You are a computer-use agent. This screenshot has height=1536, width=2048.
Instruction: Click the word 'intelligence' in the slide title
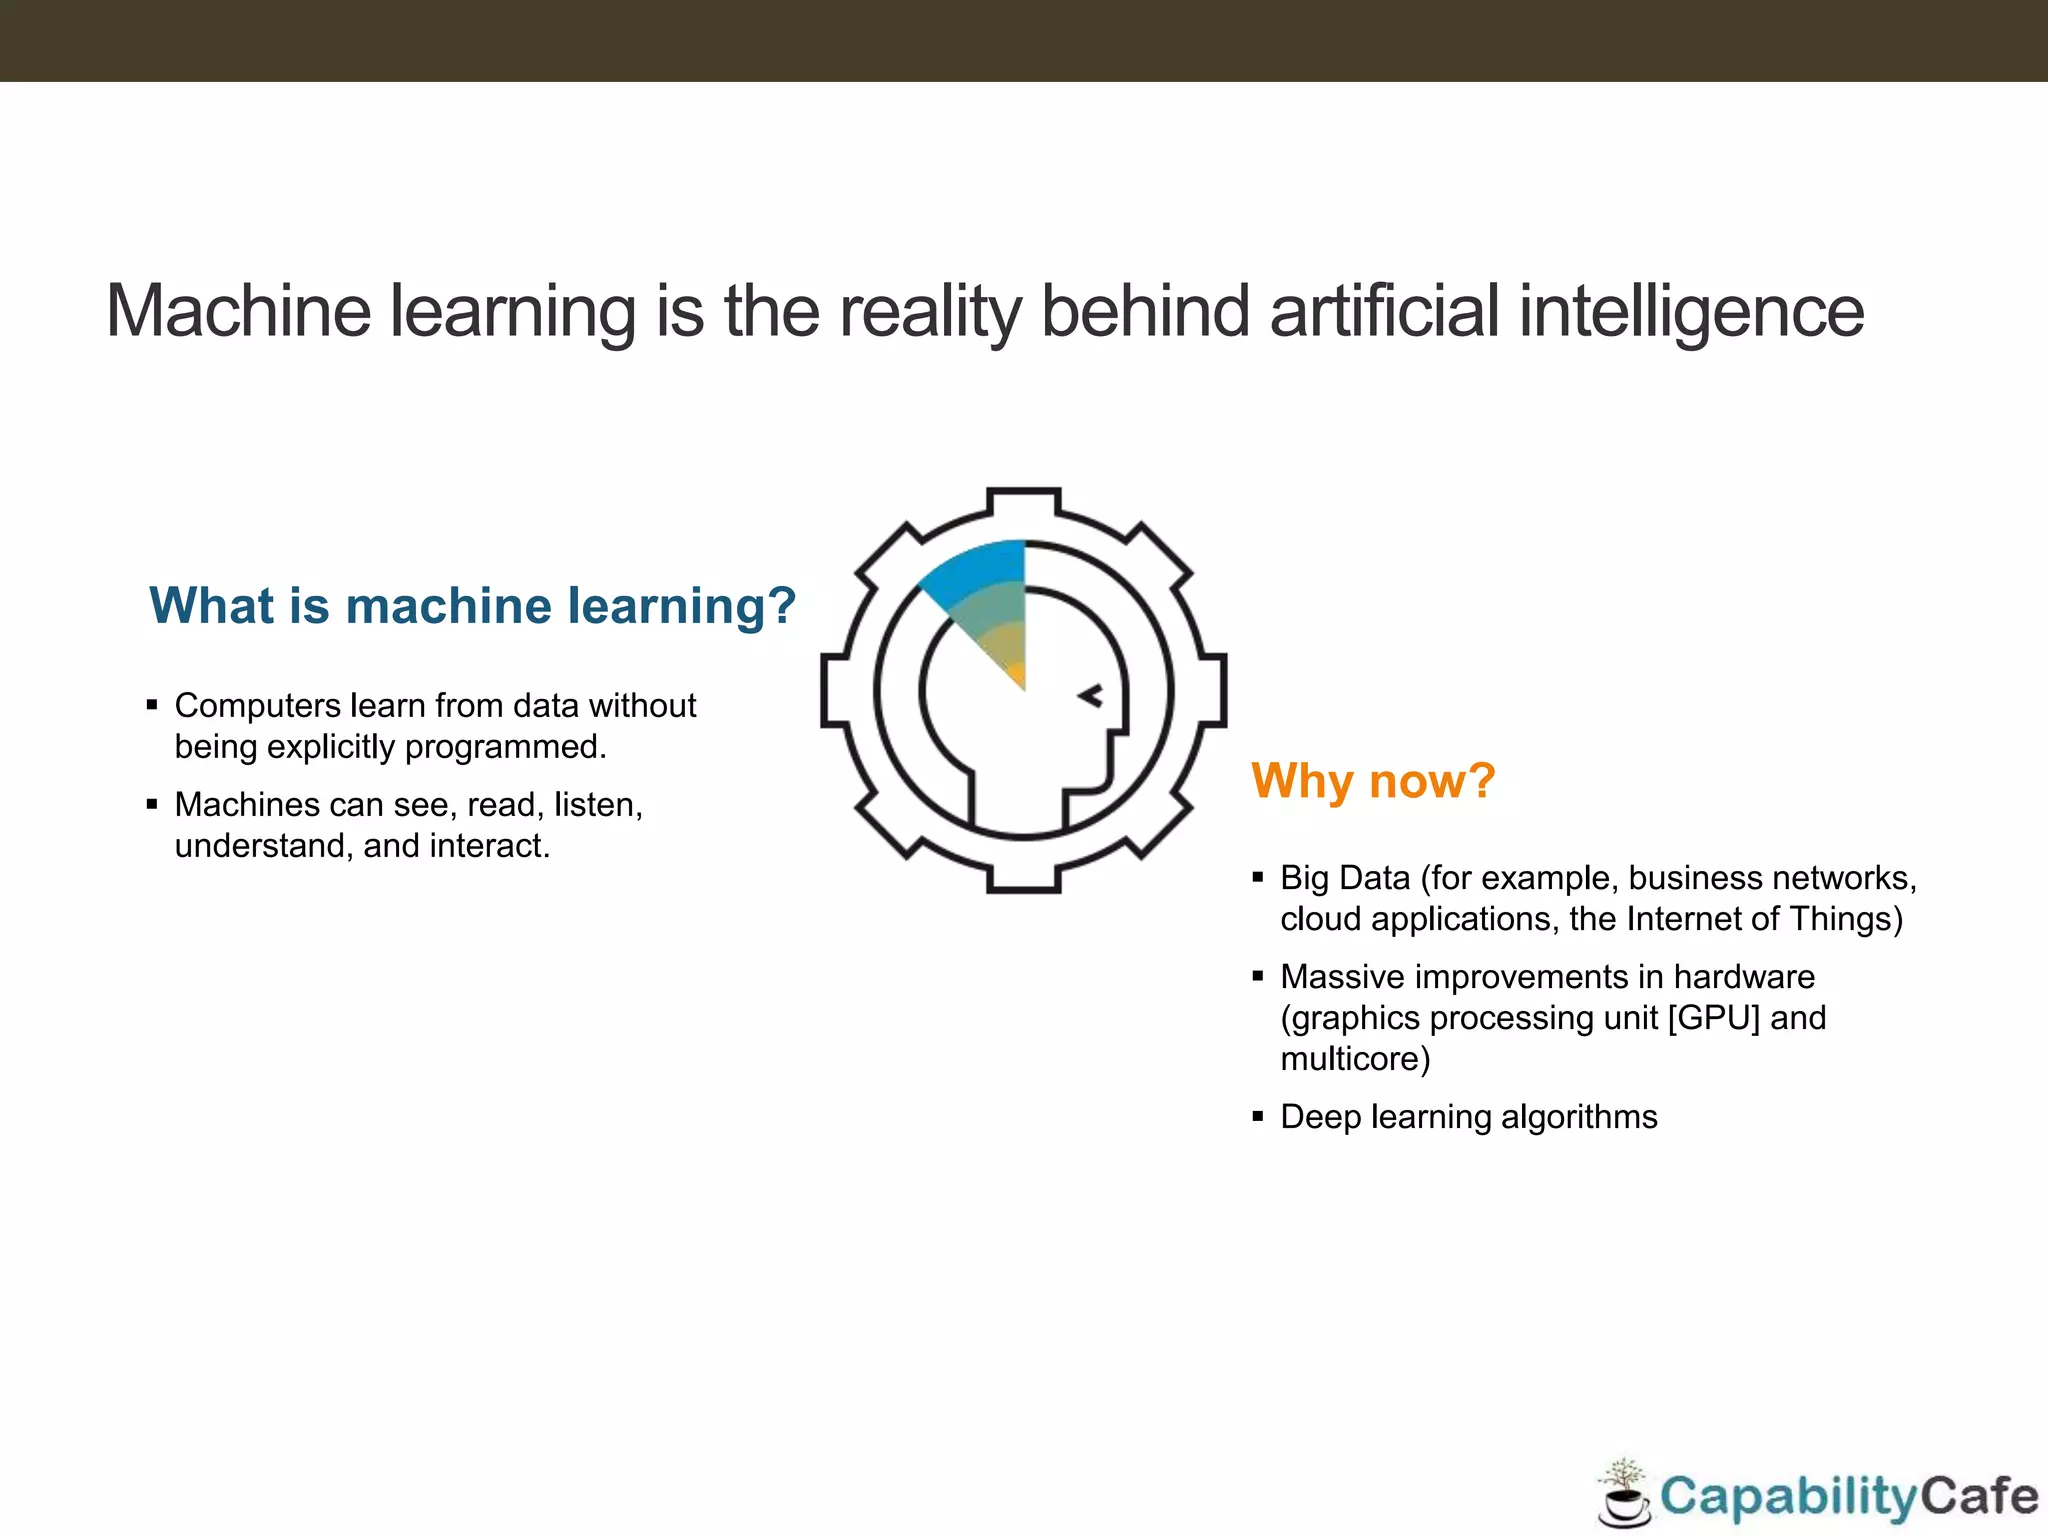point(1691,311)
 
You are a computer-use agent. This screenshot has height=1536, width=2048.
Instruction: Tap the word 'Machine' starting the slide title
point(239,311)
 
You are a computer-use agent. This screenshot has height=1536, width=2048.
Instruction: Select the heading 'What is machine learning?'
point(472,606)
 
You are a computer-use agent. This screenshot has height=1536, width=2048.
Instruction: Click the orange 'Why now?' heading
point(1373,781)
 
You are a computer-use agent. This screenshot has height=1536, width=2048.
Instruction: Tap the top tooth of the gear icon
point(1023,501)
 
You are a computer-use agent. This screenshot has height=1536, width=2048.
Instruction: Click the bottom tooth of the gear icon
point(1023,879)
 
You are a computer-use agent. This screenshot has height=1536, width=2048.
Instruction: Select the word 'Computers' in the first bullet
point(258,706)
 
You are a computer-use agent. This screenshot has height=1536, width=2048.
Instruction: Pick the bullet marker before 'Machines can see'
point(152,804)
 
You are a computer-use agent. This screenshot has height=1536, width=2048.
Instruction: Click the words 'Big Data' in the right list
point(1345,878)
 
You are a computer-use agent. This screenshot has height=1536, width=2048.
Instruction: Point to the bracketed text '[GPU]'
point(1713,1018)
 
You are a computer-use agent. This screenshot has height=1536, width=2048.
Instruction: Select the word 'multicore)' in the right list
point(1355,1059)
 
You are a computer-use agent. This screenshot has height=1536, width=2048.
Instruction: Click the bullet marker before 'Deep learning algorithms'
point(1258,1116)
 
